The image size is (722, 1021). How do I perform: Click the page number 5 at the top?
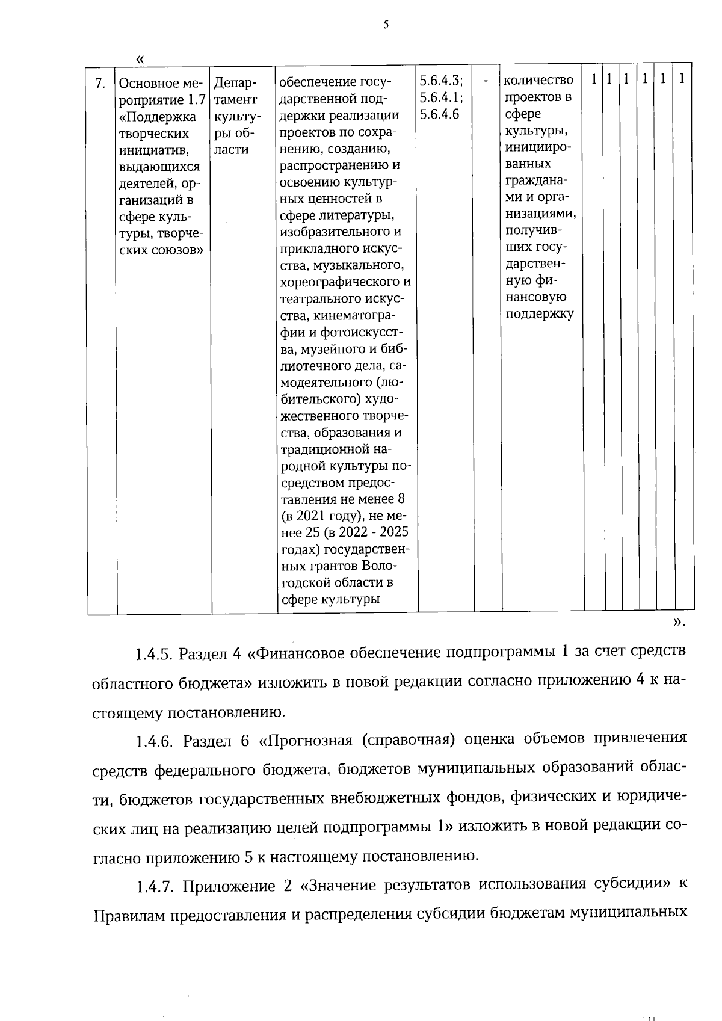(386, 25)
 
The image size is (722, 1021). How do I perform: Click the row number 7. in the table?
(101, 83)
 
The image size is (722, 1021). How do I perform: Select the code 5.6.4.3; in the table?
(441, 81)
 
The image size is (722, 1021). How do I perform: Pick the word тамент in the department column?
(235, 99)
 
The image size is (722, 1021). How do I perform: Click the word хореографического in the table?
(345, 282)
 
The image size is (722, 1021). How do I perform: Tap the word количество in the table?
(538, 80)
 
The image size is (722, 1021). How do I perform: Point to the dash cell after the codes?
(486, 81)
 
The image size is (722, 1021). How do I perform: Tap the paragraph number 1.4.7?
(154, 886)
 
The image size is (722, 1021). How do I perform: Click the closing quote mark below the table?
(679, 623)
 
